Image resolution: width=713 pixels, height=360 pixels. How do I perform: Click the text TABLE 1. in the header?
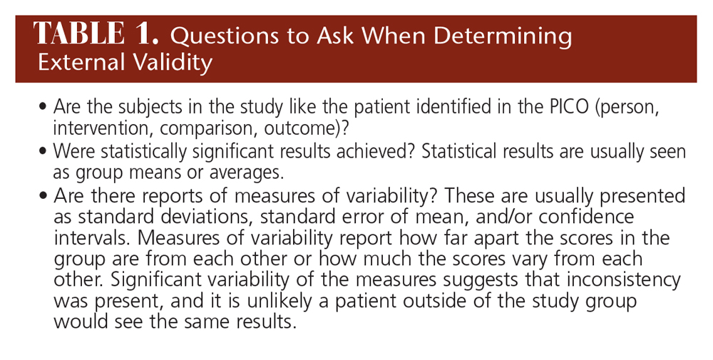96,34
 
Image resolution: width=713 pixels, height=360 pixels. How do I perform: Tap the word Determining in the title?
503,36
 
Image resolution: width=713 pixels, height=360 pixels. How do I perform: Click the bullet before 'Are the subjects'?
43,108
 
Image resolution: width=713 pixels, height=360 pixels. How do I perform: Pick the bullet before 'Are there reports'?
43,196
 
